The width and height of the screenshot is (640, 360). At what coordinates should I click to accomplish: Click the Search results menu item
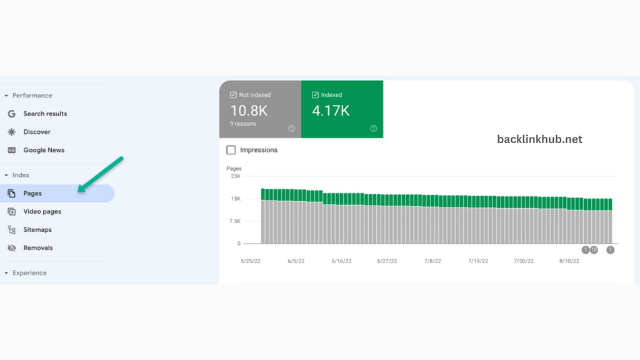click(x=45, y=114)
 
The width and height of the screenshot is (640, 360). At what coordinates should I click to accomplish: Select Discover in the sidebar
click(x=37, y=132)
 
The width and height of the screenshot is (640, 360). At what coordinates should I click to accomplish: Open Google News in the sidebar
click(x=44, y=150)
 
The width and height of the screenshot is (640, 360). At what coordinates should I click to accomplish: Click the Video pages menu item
click(x=42, y=211)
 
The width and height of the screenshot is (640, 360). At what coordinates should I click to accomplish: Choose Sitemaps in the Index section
click(x=37, y=229)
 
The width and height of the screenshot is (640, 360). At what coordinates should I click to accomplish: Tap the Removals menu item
click(x=38, y=247)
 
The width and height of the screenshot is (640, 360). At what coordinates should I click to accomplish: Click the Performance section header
click(x=32, y=96)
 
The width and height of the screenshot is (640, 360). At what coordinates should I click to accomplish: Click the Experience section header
click(x=29, y=273)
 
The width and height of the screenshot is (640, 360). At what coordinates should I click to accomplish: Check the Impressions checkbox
click(x=231, y=150)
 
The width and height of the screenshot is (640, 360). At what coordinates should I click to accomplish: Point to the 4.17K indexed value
click(x=331, y=111)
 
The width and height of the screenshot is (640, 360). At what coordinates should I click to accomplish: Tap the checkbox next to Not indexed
click(x=233, y=95)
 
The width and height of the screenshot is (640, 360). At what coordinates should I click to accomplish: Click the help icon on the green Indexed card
click(x=373, y=129)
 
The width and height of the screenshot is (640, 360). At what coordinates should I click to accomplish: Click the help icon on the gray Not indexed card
click(x=291, y=129)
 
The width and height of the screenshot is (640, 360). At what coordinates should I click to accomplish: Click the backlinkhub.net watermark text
click(x=539, y=139)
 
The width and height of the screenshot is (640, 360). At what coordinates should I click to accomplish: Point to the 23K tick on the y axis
click(x=235, y=176)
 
